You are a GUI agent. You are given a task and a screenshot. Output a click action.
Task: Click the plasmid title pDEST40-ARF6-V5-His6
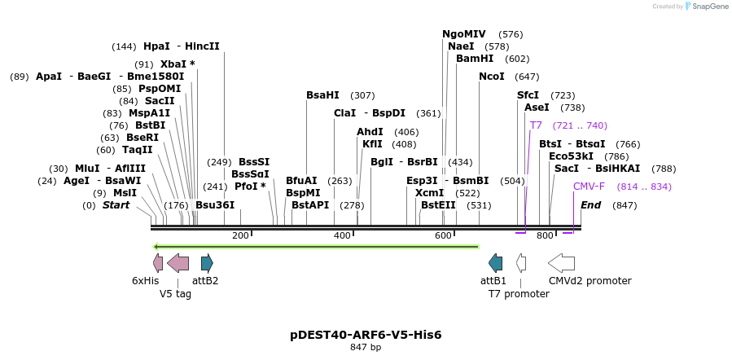click(366, 335)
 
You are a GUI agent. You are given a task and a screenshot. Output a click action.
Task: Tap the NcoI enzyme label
click(492, 77)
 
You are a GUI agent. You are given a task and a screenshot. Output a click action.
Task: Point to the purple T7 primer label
click(536, 125)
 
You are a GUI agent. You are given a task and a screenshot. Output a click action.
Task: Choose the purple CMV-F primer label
click(589, 187)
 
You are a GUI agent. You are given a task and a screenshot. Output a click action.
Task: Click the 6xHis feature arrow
click(158, 262)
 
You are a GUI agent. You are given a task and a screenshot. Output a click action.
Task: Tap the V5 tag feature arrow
click(178, 262)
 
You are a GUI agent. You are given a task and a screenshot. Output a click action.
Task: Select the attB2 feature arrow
click(207, 262)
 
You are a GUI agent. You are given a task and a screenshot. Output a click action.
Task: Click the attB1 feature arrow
click(495, 262)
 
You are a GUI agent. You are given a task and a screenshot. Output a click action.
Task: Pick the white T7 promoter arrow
click(521, 262)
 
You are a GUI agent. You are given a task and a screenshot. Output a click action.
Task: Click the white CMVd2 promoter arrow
click(561, 262)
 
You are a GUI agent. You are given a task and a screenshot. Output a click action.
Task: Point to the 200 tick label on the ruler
click(240, 235)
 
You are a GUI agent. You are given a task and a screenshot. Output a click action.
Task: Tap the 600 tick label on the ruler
click(443, 235)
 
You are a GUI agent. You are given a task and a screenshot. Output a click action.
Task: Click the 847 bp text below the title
click(366, 348)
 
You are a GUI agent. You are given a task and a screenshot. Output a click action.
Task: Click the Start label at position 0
click(116, 205)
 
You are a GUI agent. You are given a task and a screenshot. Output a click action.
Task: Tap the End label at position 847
click(590, 205)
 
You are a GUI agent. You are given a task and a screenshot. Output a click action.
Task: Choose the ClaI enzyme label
click(344, 113)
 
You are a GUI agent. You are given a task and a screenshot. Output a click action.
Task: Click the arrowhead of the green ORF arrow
click(156, 246)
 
